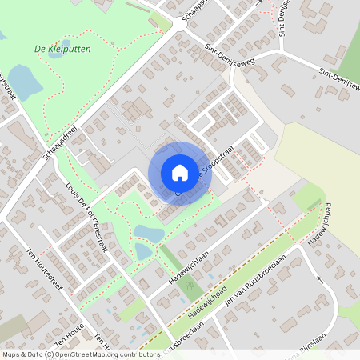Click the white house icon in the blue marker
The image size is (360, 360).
(x=180, y=173)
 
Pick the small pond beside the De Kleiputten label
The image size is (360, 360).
(x=2, y=36)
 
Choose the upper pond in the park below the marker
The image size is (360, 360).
(x=149, y=233)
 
